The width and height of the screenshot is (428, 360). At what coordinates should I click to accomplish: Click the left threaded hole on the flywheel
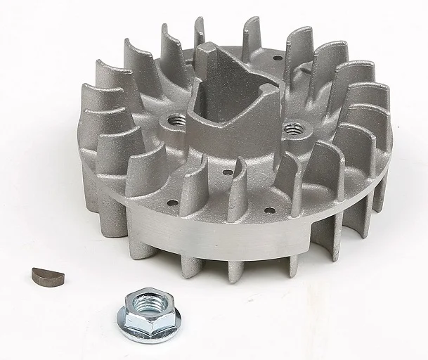[x=176, y=120]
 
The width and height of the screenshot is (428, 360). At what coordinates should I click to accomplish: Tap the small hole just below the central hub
[x=228, y=172]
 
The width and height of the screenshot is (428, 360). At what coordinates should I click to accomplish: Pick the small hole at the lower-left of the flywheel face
[x=172, y=203]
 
